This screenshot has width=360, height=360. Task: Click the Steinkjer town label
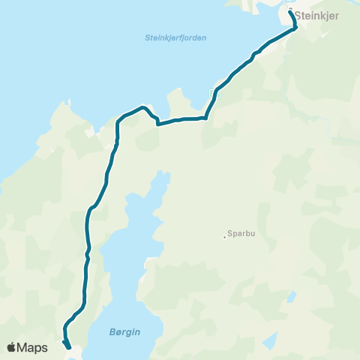click(x=319, y=14)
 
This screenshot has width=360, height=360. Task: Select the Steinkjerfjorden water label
click(x=175, y=37)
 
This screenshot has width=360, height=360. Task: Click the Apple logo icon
click(x=11, y=347)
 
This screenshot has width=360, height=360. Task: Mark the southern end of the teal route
click(x=69, y=347)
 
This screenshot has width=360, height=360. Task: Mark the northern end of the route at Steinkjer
click(x=291, y=12)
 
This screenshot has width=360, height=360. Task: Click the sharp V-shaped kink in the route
click(x=157, y=124)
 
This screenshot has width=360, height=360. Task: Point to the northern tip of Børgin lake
click(x=159, y=174)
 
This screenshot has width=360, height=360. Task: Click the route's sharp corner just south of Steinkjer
click(x=295, y=28)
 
